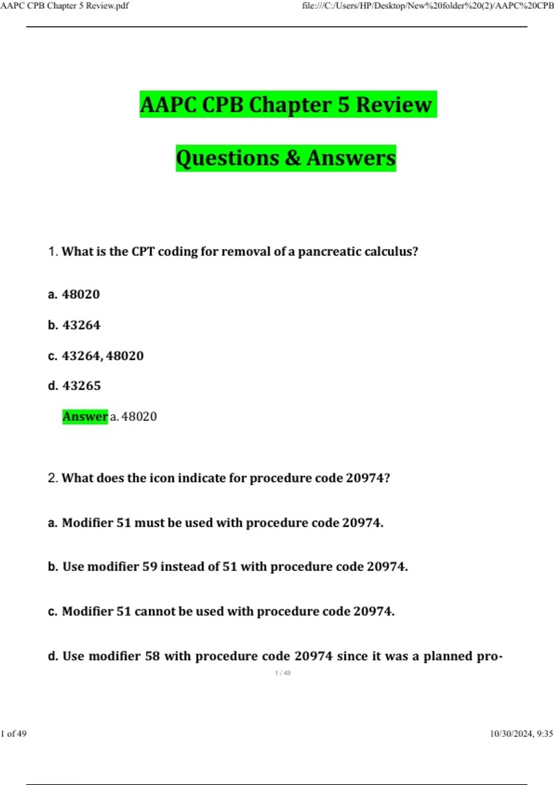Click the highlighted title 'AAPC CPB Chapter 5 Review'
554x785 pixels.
coord(288,105)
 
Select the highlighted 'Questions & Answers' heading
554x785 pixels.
coord(286,158)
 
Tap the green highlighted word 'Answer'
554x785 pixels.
coord(85,417)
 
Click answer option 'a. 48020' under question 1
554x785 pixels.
coord(74,294)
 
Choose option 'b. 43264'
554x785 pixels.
coord(74,325)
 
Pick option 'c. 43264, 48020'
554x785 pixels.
coord(96,356)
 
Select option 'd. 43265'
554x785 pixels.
coord(74,386)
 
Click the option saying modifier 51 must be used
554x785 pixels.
coord(216,523)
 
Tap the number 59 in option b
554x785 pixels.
coord(150,567)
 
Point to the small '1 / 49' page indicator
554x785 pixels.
coord(283,673)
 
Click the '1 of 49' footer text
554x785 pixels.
coord(14,734)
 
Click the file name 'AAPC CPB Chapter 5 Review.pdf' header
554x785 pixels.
coord(65,6)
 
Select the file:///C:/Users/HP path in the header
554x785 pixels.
coord(427,6)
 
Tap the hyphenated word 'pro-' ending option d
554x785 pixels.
coord(490,656)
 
